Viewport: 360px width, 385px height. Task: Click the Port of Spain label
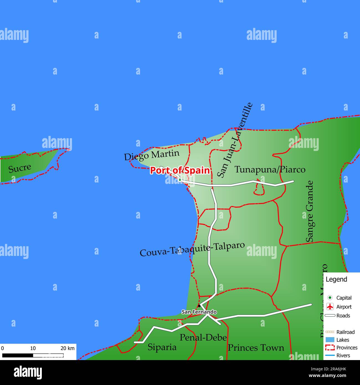click(x=180, y=170)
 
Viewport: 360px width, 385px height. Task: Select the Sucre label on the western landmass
click(x=20, y=168)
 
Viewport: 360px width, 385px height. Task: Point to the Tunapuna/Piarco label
click(x=270, y=170)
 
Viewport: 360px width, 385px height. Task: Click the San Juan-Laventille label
click(x=235, y=140)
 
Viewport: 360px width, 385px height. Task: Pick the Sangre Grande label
click(x=310, y=211)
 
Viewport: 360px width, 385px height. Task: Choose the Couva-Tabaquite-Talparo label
click(x=192, y=249)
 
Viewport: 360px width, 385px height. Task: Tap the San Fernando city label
click(x=199, y=312)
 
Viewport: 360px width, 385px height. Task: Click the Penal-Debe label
click(x=203, y=337)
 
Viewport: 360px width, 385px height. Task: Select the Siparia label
click(x=162, y=347)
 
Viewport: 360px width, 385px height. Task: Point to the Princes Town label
click(x=256, y=348)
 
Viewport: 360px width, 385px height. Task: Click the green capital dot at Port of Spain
click(x=180, y=180)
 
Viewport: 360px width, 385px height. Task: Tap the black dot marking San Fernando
click(x=199, y=306)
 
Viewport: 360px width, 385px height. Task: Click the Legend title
click(x=336, y=279)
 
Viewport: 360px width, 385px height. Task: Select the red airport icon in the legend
click(x=330, y=307)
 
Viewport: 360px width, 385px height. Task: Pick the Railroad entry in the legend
click(x=345, y=332)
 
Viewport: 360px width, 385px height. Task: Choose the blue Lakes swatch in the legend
click(x=330, y=340)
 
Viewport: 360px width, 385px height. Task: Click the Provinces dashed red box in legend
click(x=330, y=348)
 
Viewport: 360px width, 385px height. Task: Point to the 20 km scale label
click(x=68, y=348)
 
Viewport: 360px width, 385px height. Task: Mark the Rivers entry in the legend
click(x=343, y=355)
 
